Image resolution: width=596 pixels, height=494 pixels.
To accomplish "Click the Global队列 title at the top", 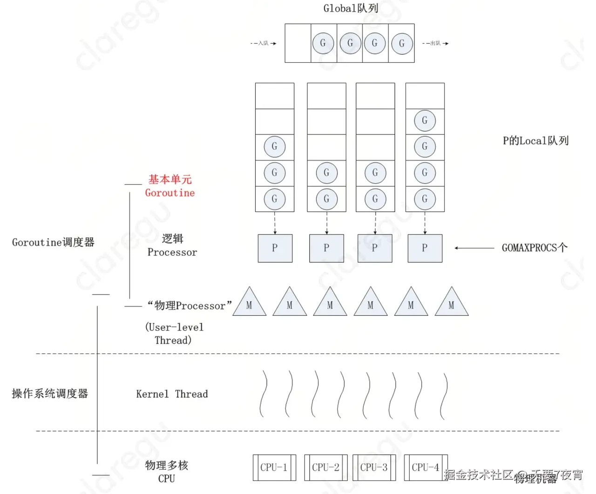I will coord(350,8).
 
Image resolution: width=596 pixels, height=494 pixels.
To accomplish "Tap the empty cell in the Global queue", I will coord(298,43).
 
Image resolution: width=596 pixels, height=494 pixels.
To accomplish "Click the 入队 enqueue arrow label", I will coord(264,43).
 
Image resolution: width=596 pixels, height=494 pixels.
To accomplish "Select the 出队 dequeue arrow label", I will coord(435,43).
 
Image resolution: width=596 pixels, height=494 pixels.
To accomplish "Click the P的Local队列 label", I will coord(535,140).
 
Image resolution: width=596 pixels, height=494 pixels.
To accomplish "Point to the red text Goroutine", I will coord(170,193).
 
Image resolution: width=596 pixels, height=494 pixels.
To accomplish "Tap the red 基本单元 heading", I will coord(170,179).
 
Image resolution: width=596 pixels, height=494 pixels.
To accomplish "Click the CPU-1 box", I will coord(274,467).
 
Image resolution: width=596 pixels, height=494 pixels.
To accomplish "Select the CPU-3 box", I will coord(374,467).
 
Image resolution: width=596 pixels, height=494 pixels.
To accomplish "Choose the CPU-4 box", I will coord(426,467).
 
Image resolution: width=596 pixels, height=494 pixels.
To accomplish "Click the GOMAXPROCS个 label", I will coord(535,248).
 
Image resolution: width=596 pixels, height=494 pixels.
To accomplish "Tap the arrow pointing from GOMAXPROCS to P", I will coord(474,248).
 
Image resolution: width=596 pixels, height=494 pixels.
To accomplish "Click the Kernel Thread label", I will coord(172,394).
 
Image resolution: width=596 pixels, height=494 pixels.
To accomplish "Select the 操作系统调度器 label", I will coord(50,394).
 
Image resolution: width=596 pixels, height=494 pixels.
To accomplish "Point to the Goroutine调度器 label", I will coord(53,242).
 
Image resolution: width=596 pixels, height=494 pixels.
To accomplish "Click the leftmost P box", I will coord(275,248).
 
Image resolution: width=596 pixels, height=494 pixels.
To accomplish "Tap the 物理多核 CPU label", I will coord(166,472).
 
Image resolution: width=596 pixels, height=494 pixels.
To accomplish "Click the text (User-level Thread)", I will coord(174,334).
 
